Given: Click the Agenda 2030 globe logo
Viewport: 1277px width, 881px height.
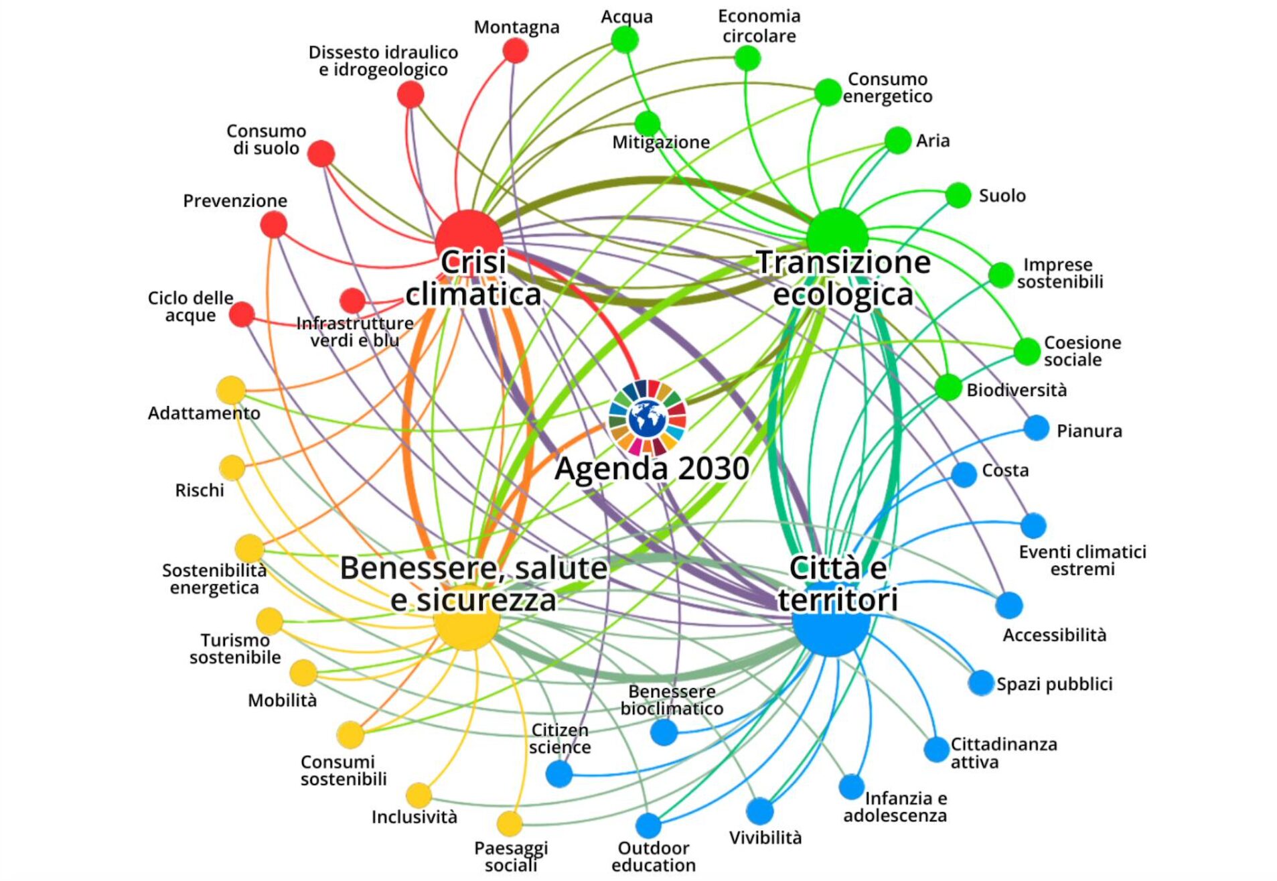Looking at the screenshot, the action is pos(648,419).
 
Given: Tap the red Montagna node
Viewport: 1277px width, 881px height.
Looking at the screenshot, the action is pos(515,50).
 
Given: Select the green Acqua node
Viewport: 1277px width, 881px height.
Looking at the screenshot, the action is pos(625,40).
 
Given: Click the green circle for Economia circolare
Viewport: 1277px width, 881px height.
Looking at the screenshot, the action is pos(747,58).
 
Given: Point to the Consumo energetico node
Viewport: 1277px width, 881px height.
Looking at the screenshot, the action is pos(828,92).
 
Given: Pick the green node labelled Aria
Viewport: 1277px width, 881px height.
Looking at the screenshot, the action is pos(897,140).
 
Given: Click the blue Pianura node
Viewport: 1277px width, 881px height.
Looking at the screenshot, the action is pos(1036,427).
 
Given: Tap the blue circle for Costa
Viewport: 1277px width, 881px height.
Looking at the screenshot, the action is pos(964,474).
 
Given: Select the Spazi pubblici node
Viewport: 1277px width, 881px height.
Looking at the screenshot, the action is pos(981,683).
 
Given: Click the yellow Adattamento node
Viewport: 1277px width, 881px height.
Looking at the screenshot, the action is pos(231,390).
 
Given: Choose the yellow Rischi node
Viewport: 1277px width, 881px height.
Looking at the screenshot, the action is pos(232,468).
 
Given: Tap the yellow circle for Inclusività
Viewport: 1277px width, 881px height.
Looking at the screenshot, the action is pos(419,795).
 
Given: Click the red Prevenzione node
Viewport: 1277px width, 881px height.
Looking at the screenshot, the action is pos(274,224).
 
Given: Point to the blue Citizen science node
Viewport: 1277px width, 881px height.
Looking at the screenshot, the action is pos(559,774).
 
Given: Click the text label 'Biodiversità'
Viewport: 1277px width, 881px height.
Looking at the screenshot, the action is pos(1017,390).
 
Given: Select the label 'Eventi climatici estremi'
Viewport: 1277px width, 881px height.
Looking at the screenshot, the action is pos(1082,560).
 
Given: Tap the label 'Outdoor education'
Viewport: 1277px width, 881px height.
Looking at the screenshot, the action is pos(654,856).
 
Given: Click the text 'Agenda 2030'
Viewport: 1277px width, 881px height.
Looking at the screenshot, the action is pos(652,468).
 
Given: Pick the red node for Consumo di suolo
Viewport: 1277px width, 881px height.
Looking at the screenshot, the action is pos(321,154).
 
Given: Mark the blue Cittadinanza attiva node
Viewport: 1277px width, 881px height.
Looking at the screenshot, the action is pos(937,749).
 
